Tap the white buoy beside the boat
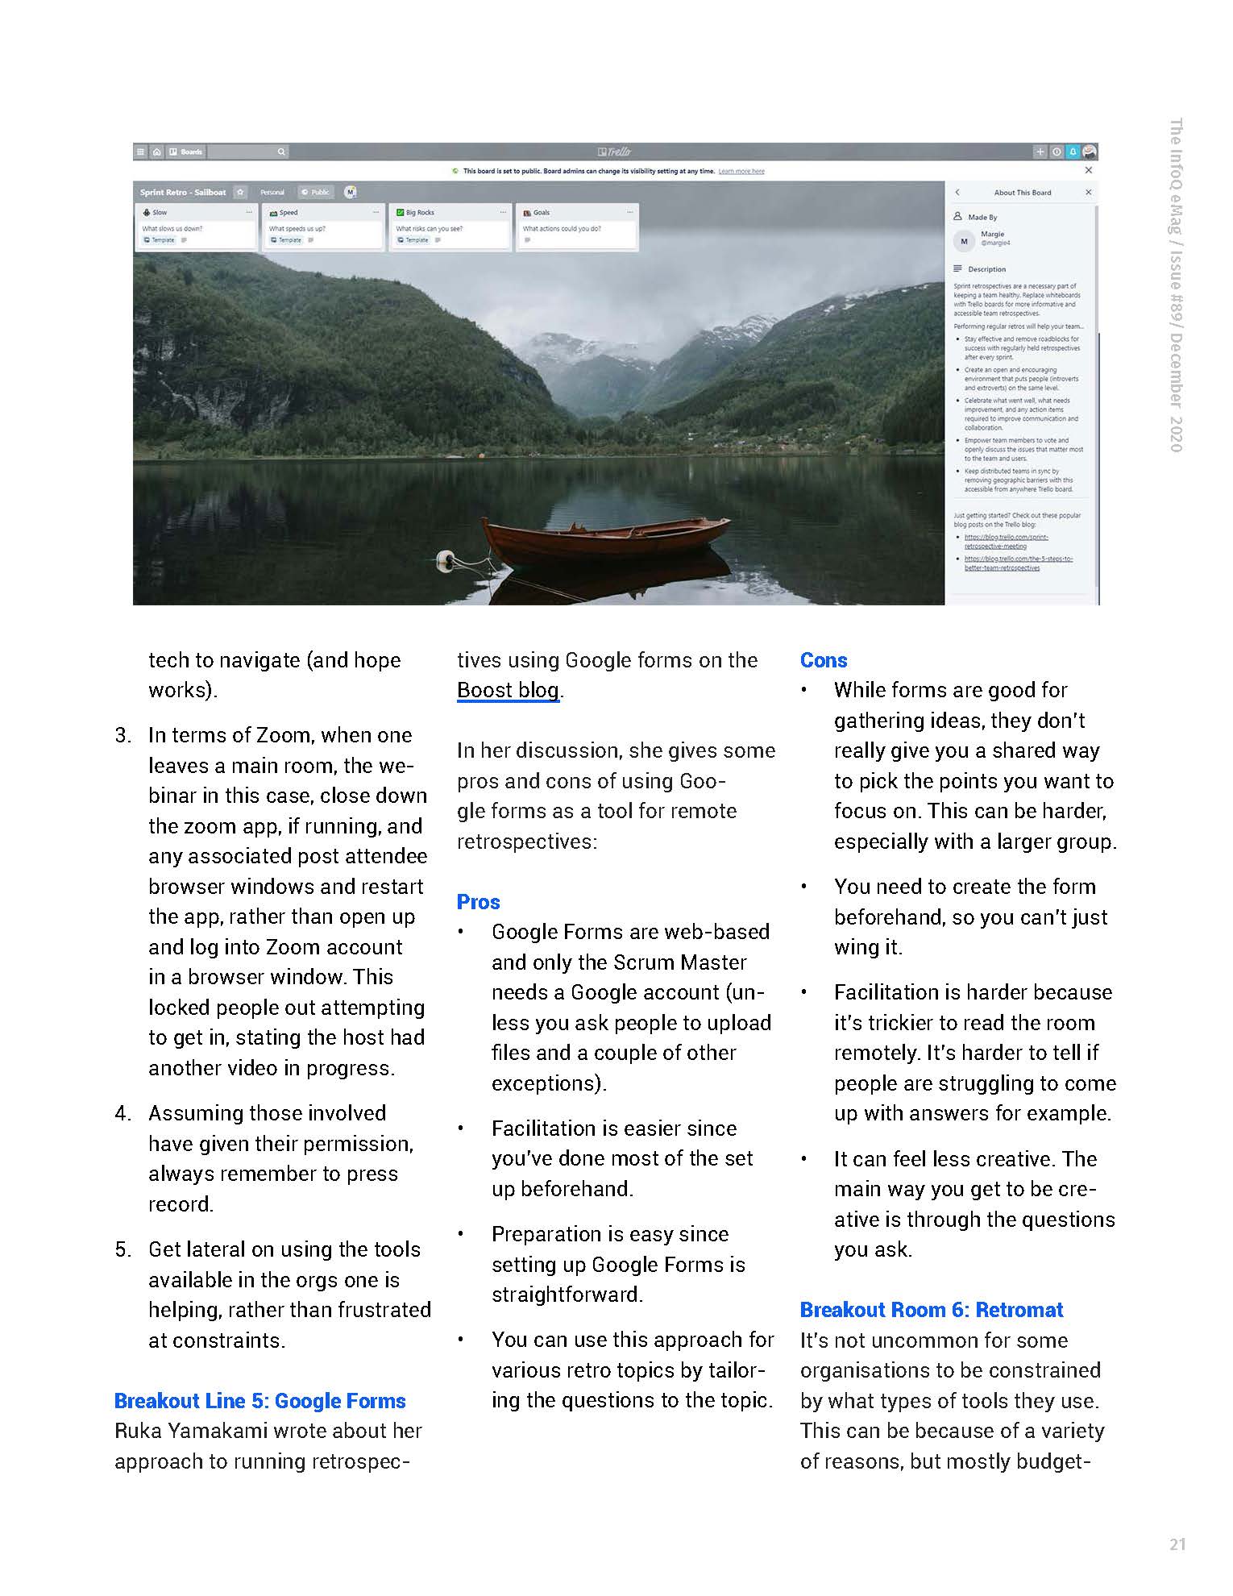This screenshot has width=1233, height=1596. [445, 561]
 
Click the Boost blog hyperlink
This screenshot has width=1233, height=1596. [508, 691]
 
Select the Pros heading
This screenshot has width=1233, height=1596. [478, 902]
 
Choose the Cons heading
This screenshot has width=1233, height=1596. [823, 660]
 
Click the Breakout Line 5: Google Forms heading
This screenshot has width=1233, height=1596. [259, 1401]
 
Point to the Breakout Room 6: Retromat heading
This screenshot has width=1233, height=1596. [931, 1310]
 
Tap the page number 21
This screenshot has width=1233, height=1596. [1177, 1544]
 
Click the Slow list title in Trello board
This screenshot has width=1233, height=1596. [160, 213]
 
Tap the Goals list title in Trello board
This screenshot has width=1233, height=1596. [541, 213]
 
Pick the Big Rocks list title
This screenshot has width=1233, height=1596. [420, 213]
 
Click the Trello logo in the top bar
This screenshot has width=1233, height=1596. [615, 152]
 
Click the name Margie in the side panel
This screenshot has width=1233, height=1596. [992, 234]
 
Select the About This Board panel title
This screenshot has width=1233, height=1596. [1022, 193]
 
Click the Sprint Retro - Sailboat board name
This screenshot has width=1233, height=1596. [183, 193]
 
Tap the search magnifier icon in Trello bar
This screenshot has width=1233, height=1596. [281, 152]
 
